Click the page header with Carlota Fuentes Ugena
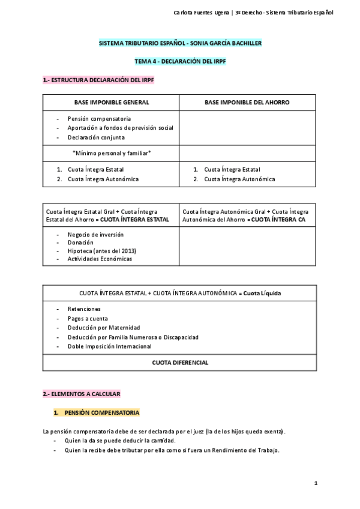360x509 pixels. click(262, 12)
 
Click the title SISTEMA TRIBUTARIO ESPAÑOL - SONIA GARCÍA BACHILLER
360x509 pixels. click(180, 44)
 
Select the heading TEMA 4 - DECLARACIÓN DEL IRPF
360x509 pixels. click(180, 61)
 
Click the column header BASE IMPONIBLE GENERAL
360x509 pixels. click(112, 103)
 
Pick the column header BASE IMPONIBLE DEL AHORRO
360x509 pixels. click(247, 103)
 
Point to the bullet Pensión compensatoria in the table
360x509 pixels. click(99, 119)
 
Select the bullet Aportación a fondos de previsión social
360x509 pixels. click(120, 128)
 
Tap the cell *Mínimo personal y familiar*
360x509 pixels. click(112, 153)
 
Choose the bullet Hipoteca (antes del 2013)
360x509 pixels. click(102, 250)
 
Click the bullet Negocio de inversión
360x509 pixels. click(95, 234)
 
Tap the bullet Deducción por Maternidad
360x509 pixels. click(104, 328)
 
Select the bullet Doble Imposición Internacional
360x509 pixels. click(110, 346)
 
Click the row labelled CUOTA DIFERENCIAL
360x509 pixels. click(180, 363)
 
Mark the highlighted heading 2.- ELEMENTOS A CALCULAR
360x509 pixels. click(82, 394)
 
